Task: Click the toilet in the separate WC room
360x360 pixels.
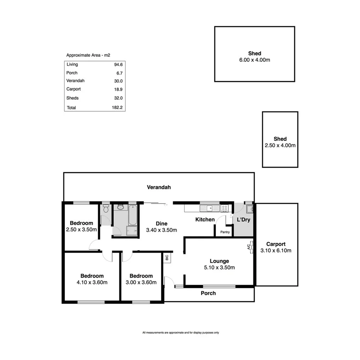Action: [x=105, y=209]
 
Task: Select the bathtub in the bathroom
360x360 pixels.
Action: [x=132, y=215]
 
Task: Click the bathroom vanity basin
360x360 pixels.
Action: [x=120, y=207]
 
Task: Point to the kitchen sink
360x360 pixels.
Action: [x=209, y=209]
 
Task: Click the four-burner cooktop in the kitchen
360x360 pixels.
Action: [x=224, y=209]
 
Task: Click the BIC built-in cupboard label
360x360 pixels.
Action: [x=167, y=258]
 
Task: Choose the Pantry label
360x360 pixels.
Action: [x=225, y=232]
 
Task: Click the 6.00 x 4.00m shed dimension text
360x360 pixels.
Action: [x=255, y=60]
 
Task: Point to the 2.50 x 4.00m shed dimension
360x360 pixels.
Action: [x=280, y=145]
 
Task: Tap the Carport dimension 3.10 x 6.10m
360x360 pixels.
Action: [x=276, y=250]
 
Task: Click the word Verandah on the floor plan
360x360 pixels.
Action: [x=159, y=187]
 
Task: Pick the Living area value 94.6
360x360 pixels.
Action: [x=118, y=65]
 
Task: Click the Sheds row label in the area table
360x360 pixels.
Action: [x=72, y=98]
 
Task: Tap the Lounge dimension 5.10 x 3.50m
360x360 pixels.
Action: [x=219, y=267]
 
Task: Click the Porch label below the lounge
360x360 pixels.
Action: [x=208, y=293]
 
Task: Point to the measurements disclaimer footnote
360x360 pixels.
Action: [x=180, y=333]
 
